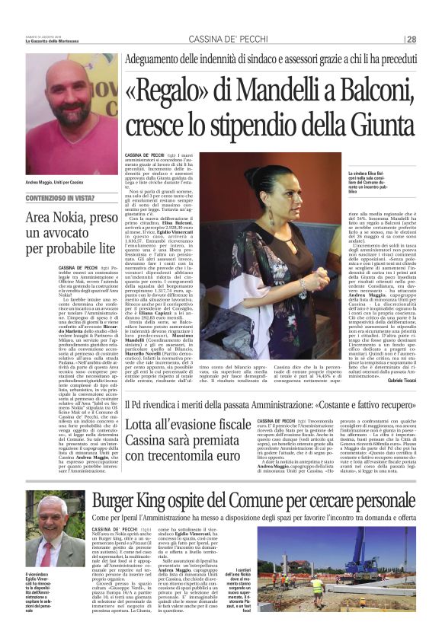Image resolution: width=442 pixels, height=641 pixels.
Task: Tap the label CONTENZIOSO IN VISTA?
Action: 56,198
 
